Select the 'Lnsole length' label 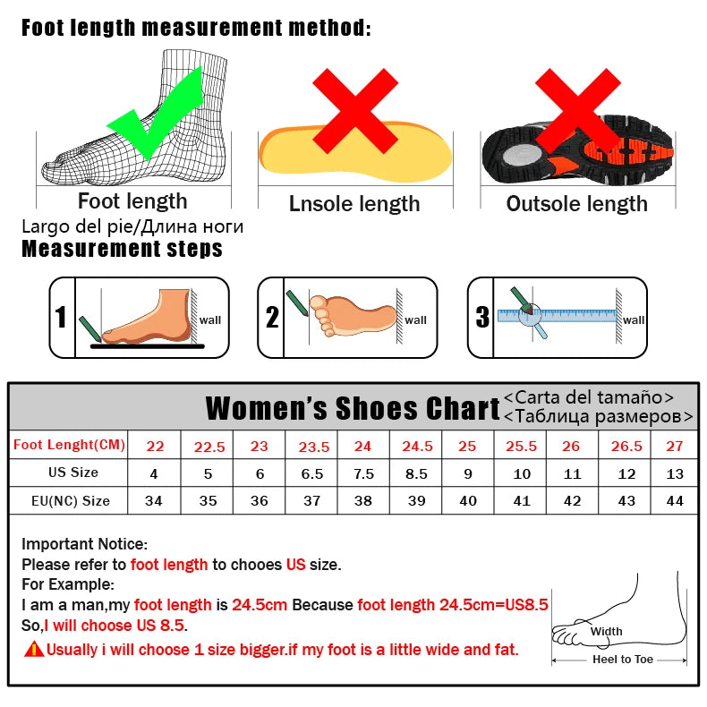point(353,204)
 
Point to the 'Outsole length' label point(576,204)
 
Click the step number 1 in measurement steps point(61,318)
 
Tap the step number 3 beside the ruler point(482,317)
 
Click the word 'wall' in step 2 point(415,320)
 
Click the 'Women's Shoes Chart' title point(353,409)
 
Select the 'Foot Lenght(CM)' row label point(69,445)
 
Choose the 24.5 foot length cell point(416,447)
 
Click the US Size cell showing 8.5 point(416,473)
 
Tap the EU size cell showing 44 point(675,501)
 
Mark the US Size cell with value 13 point(675,473)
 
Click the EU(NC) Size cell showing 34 point(154,501)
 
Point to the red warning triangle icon point(34,649)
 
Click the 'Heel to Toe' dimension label point(623,660)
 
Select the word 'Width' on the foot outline point(606,632)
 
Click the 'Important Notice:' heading point(84,543)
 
